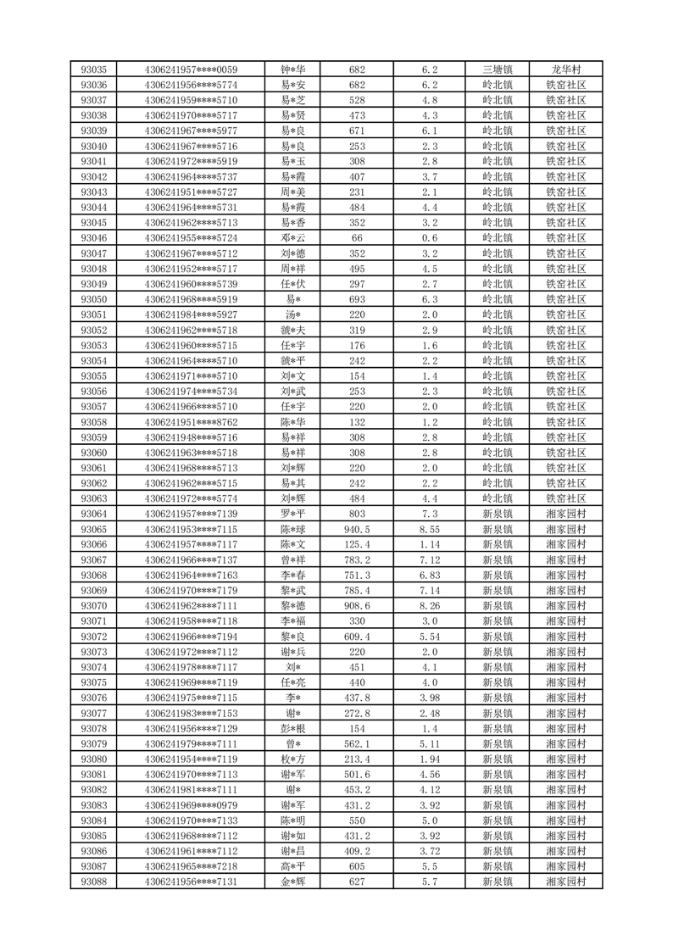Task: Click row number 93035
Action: [x=93, y=70]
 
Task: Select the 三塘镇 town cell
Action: [x=497, y=70]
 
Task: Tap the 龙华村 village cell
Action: [x=565, y=70]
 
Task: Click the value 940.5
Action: [x=356, y=529]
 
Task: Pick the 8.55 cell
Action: [x=429, y=529]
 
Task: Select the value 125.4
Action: [x=356, y=544]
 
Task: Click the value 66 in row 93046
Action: [x=356, y=238]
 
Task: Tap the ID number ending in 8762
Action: [x=191, y=422]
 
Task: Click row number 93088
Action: [x=93, y=881]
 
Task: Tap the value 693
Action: [x=356, y=299]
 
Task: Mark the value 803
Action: [x=356, y=514]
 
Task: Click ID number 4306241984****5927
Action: [x=191, y=314]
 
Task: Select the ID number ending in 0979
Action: [x=191, y=804]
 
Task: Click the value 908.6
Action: [x=356, y=605]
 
